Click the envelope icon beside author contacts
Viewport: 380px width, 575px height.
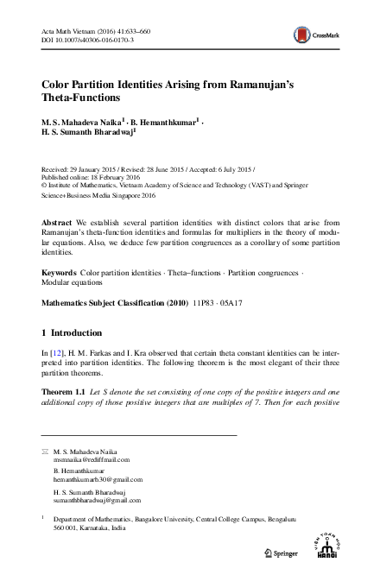45,452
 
